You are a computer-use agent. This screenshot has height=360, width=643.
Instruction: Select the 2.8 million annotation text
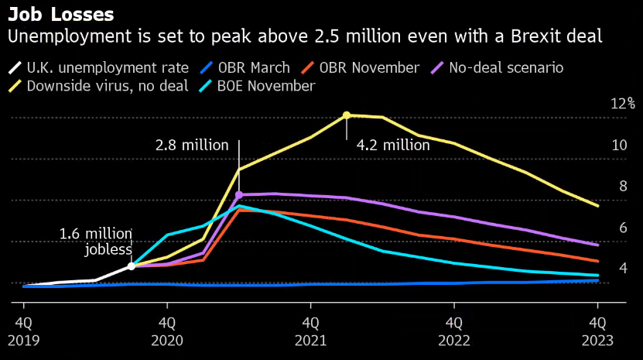pos(192,145)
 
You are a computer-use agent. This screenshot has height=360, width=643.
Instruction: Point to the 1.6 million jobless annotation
pos(96,242)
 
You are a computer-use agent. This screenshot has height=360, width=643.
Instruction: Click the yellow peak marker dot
pos(347,115)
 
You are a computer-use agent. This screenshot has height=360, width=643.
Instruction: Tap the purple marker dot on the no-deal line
pos(239,195)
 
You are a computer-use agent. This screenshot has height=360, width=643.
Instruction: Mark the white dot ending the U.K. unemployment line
pos(132,266)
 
